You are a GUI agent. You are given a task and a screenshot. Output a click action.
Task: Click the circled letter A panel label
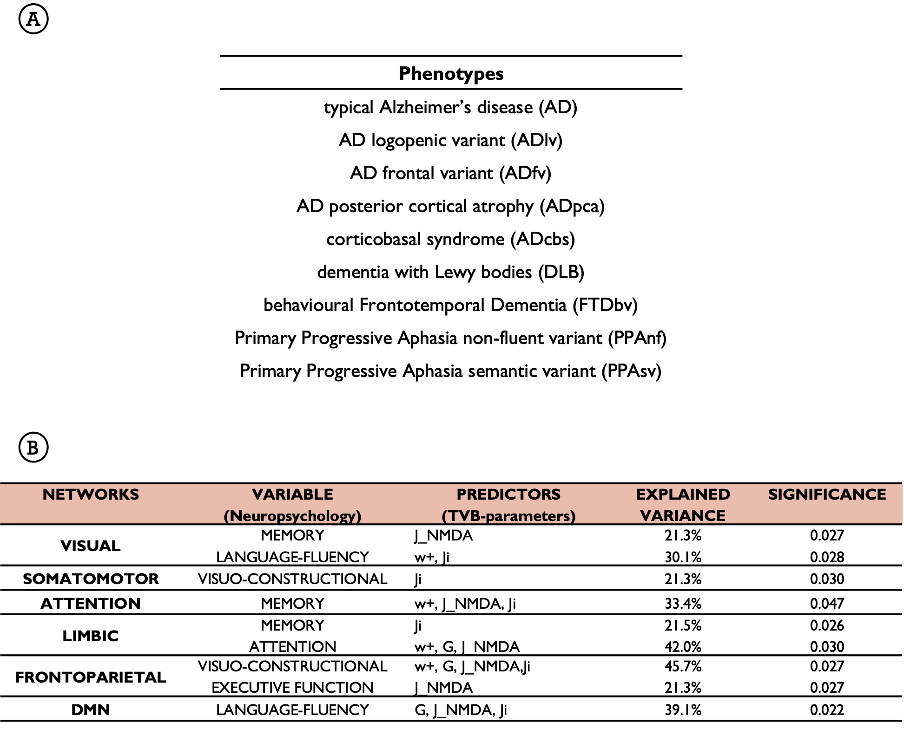point(33,19)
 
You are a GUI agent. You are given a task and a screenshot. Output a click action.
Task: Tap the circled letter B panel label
point(33,448)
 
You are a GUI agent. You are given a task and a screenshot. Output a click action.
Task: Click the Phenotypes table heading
point(451,73)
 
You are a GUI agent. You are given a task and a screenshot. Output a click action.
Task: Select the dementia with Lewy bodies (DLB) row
point(450,272)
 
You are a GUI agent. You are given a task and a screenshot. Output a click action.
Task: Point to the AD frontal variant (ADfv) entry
point(450,173)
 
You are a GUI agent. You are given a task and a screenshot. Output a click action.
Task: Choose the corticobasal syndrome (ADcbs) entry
point(450,239)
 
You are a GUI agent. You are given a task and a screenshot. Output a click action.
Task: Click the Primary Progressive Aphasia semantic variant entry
point(450,371)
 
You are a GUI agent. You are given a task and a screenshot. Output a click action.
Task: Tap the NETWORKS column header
point(91,495)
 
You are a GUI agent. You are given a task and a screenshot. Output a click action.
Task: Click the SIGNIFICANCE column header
point(827,495)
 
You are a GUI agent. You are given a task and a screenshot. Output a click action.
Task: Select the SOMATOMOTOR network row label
point(91,579)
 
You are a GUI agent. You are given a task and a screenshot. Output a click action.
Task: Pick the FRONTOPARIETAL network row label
point(91,677)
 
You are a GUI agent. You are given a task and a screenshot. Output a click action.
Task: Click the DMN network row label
point(91,710)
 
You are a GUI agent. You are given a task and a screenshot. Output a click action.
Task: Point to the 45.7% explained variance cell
point(683,666)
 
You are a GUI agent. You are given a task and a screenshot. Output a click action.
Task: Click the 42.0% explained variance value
point(683,646)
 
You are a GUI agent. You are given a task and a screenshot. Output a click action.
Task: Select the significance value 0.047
point(827,604)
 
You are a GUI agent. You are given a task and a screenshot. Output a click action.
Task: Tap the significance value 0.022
point(827,710)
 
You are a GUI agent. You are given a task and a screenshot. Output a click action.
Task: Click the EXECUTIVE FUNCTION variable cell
point(292,688)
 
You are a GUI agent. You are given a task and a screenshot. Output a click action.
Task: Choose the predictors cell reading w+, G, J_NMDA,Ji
point(472,666)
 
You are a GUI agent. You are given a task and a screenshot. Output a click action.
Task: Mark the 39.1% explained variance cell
point(683,710)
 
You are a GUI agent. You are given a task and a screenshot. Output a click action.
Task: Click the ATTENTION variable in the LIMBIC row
point(292,646)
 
